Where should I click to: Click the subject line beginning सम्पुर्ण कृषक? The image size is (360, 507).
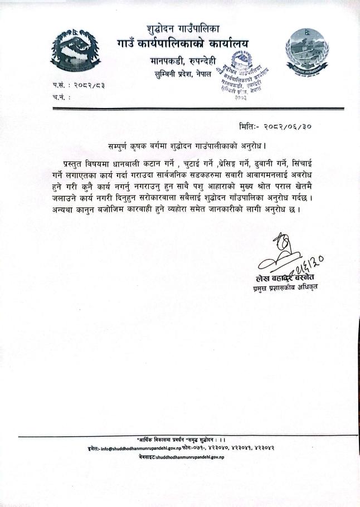183,145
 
